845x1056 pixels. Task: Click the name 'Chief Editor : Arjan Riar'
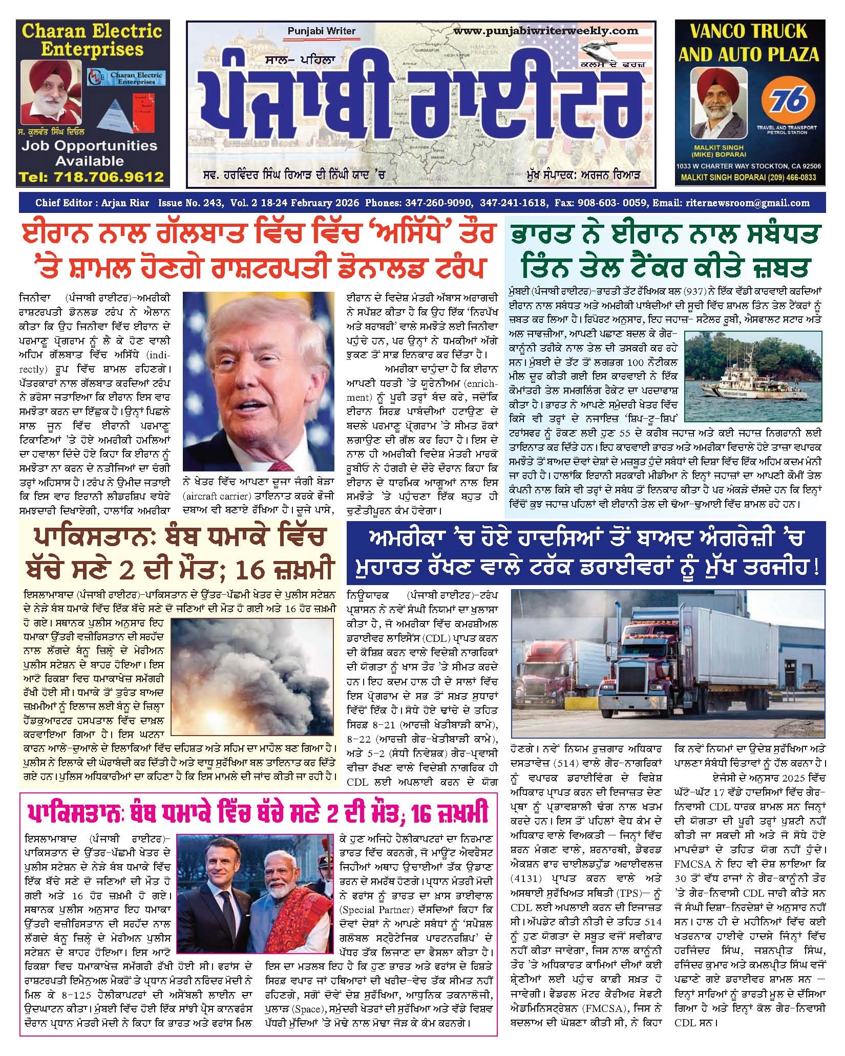pyautogui.click(x=92, y=203)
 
